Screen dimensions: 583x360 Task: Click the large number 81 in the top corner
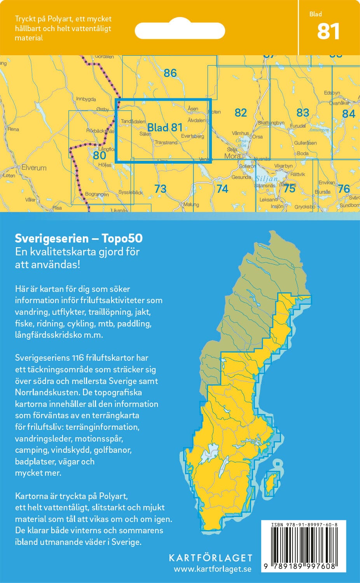(x=328, y=31)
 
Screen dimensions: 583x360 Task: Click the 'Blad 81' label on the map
(x=165, y=127)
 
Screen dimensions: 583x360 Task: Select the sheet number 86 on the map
(x=170, y=73)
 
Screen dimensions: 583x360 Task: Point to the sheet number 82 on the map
(x=241, y=113)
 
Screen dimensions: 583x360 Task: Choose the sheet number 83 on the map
(x=302, y=113)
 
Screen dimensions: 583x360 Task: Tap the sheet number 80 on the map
(x=100, y=155)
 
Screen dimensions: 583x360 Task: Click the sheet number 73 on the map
(x=160, y=189)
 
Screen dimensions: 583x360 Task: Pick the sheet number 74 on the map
(x=222, y=189)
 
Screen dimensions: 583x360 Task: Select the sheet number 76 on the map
(x=343, y=189)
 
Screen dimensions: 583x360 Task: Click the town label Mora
(x=232, y=156)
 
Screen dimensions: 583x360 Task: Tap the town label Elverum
(x=34, y=168)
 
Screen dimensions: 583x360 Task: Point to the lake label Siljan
(x=267, y=179)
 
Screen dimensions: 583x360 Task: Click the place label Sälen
(x=145, y=134)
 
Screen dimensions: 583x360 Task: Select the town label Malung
(x=191, y=204)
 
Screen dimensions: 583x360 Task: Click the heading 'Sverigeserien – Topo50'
(x=79, y=238)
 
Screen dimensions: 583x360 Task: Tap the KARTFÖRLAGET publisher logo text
(x=210, y=558)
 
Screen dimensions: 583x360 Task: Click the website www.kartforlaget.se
(x=212, y=569)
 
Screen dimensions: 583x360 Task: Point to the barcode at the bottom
(x=304, y=545)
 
